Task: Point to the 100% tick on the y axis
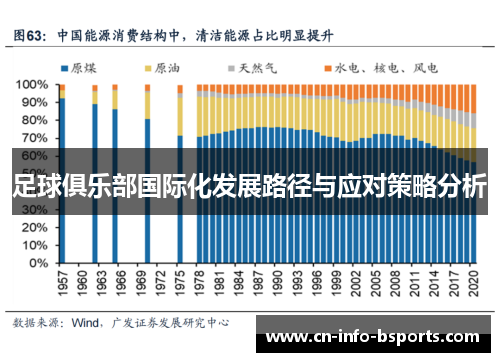click(x=32, y=85)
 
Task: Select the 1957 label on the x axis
click(x=62, y=283)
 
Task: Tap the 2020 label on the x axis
click(x=472, y=283)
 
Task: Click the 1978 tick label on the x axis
click(x=199, y=283)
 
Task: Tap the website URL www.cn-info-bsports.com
click(x=374, y=336)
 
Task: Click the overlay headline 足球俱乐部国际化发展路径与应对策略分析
click(x=250, y=186)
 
